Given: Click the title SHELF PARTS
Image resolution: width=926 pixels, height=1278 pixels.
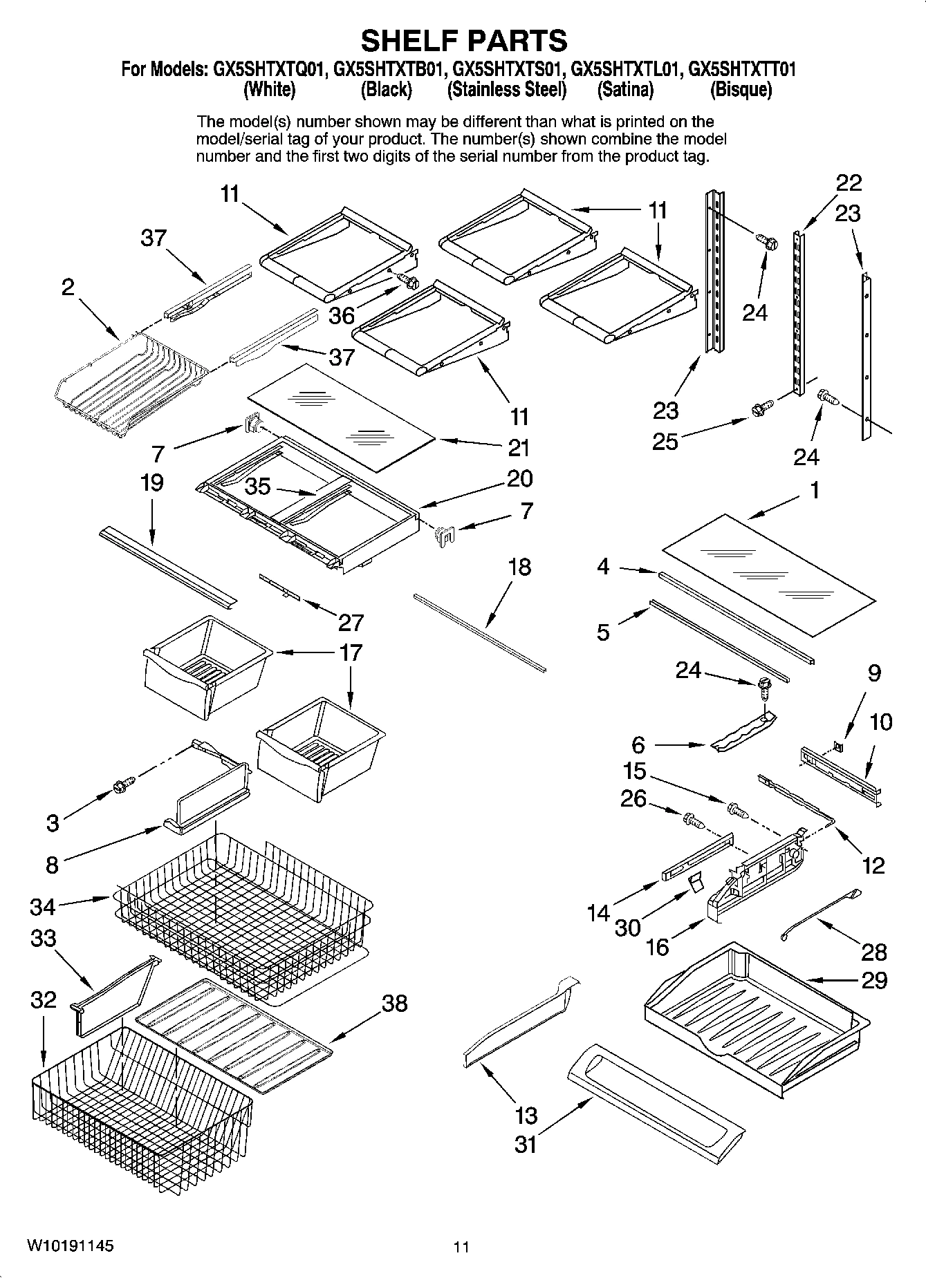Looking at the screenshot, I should [x=463, y=41].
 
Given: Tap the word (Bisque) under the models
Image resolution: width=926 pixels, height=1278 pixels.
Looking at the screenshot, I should [x=741, y=90].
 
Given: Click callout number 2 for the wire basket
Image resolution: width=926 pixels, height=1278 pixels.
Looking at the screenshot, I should [x=68, y=288].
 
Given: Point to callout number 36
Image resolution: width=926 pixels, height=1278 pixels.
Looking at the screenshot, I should [x=342, y=316].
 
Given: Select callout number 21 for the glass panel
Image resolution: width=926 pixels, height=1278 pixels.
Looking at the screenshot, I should [x=519, y=448].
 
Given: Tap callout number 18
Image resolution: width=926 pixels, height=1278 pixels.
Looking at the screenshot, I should [x=519, y=567].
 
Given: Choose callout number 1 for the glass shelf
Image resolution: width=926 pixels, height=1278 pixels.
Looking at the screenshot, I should [x=815, y=490].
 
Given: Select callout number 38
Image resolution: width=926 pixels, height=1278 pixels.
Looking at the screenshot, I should [x=394, y=1003].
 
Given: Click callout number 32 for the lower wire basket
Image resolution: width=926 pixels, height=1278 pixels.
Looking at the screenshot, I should [x=43, y=999].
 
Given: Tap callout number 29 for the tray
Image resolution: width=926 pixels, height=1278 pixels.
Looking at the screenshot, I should [x=874, y=980].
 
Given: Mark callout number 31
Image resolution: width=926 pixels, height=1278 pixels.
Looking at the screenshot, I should [x=526, y=1145].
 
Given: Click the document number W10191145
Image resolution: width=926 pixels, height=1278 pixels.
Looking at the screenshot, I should [x=71, y=1246].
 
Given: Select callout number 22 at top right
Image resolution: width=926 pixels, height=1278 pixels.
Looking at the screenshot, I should [x=849, y=182].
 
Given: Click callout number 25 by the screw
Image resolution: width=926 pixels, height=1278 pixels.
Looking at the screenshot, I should [x=665, y=441].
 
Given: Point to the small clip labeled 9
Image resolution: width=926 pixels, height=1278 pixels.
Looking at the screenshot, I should [x=839, y=746].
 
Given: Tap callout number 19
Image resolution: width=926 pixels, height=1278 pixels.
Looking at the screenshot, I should [x=151, y=482].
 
